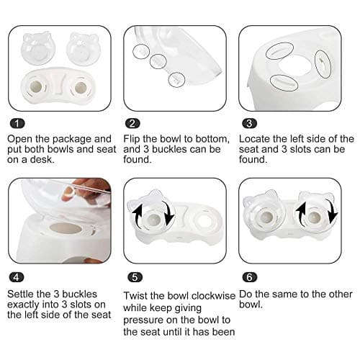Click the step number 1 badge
tap(16, 124)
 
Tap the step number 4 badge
tap(16, 276)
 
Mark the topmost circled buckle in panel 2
tap(140, 50)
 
